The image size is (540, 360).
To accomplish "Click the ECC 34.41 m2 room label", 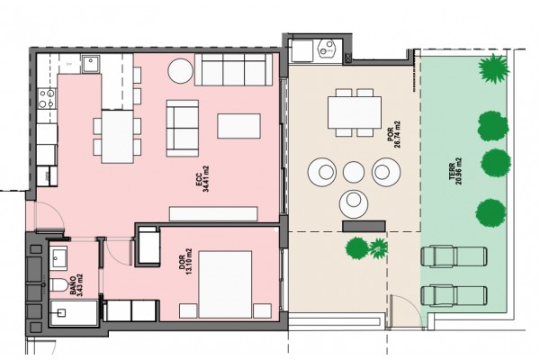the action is (202, 179).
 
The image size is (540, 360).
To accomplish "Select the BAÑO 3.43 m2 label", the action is (76, 285).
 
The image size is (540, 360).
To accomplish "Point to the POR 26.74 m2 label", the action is (394, 134).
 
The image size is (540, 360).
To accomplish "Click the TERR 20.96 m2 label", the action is (454, 171).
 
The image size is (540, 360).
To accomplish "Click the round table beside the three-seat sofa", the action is (180, 71).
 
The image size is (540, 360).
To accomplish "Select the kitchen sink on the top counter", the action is (91, 64).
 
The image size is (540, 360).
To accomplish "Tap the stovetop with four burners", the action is (47, 98).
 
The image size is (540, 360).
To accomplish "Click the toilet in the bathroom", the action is (58, 285).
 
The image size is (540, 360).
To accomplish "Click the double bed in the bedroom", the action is (225, 284).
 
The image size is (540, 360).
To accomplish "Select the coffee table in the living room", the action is (238, 126).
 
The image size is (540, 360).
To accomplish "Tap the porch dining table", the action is (355, 112).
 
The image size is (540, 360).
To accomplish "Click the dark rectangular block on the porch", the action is (364, 226).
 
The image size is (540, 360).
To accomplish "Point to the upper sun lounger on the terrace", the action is (454, 256).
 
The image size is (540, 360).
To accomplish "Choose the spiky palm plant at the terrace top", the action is (493, 69).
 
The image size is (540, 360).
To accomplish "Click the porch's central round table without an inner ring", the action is (354, 172).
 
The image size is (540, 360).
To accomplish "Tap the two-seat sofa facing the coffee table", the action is (183, 128).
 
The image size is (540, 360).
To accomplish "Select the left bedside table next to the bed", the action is (188, 310).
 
